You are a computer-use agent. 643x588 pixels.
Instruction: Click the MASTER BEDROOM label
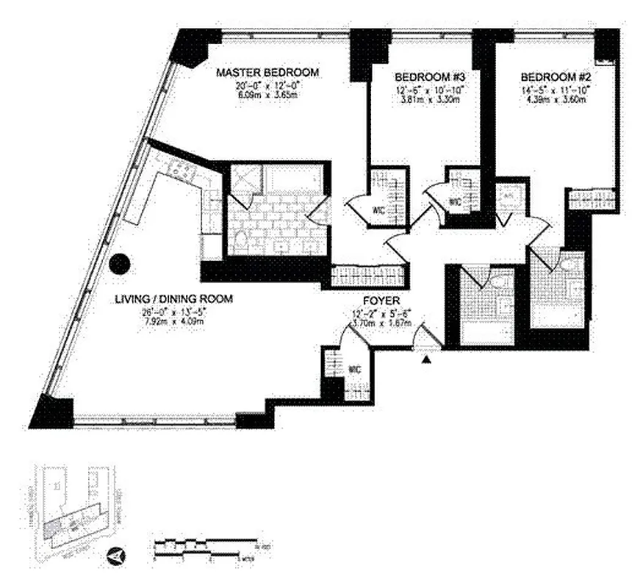pos(267,72)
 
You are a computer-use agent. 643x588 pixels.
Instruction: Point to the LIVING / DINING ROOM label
pos(173,298)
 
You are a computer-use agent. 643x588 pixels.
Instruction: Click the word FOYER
pos(381,301)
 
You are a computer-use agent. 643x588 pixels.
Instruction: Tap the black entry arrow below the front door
pos(425,359)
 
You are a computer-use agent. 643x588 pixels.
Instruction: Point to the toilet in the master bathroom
pos(240,240)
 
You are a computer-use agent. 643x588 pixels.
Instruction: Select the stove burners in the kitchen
pos(176,170)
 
